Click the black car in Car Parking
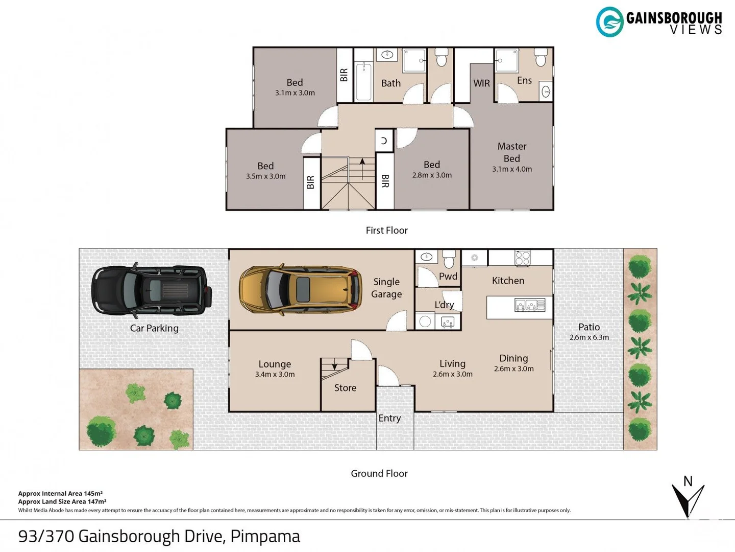click(152, 290)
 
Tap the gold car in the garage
click(300, 290)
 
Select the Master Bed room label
click(511, 152)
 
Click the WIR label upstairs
click(481, 83)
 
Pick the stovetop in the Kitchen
click(522, 258)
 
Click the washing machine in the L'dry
click(425, 321)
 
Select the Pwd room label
click(448, 276)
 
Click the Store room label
click(345, 388)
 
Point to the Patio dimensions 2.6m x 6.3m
click(589, 337)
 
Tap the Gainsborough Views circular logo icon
click(609, 22)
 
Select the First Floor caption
click(386, 230)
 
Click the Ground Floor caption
click(379, 473)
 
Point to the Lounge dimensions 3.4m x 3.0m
click(275, 374)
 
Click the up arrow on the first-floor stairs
click(362, 169)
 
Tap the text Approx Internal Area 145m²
click(60, 493)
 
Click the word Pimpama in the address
click(265, 536)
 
